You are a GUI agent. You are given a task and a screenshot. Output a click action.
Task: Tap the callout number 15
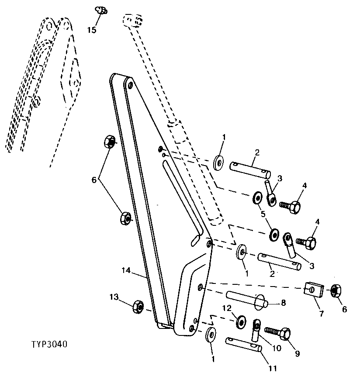[91, 30]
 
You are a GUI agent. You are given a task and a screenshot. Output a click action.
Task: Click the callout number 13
[114, 297]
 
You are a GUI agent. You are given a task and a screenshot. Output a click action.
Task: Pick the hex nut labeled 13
[138, 307]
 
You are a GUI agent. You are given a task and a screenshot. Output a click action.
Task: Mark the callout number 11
[272, 369]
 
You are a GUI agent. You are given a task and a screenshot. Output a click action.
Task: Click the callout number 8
[284, 302]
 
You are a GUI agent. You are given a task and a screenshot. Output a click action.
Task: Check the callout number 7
[322, 314]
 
